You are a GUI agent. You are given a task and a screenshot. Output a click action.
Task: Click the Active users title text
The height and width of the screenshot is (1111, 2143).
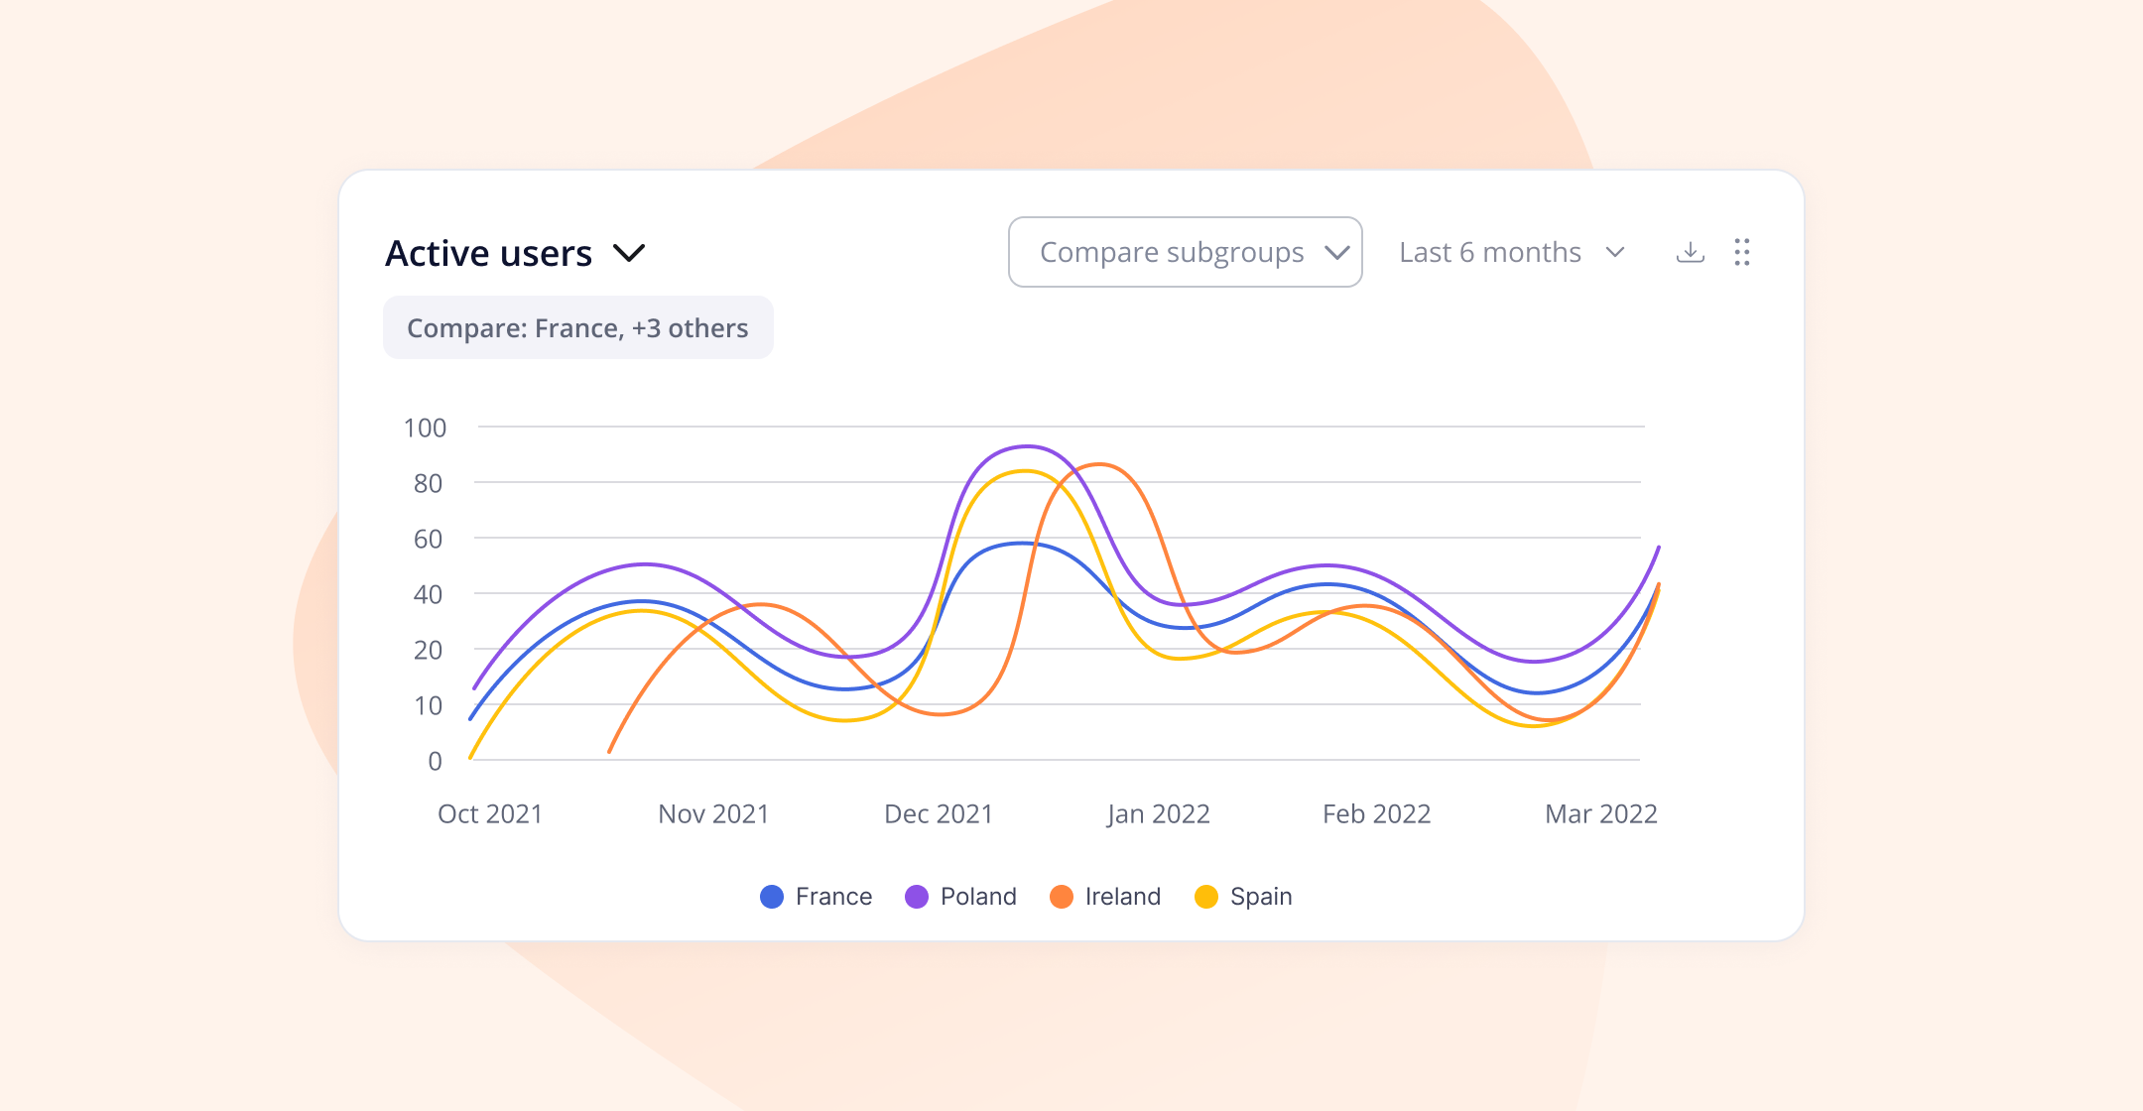pyautogui.click(x=488, y=254)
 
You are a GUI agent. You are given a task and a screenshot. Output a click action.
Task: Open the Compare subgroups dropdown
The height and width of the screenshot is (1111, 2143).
pyautogui.click(x=1185, y=252)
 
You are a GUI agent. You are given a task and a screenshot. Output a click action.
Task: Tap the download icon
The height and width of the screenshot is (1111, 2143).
pyautogui.click(x=1690, y=252)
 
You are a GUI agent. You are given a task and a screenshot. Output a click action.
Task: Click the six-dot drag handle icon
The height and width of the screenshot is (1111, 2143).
pyautogui.click(x=1742, y=252)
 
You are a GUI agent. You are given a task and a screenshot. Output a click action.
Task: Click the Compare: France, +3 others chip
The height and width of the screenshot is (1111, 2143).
pyautogui.click(x=577, y=328)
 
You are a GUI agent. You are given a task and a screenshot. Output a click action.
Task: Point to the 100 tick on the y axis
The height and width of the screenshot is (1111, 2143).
pyautogui.click(x=425, y=428)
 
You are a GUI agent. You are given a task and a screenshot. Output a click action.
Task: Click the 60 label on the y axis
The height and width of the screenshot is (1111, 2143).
pyautogui.click(x=428, y=539)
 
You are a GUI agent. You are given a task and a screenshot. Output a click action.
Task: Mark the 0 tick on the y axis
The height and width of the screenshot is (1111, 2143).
pyautogui.click(x=435, y=761)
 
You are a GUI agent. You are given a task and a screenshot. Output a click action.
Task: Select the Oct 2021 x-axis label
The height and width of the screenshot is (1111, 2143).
pyautogui.click(x=490, y=814)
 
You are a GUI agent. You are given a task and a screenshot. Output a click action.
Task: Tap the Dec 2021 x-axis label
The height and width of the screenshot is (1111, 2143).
pyautogui.click(x=939, y=814)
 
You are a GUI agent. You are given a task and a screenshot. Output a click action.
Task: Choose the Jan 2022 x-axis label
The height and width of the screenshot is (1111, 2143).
pyautogui.click(x=1158, y=814)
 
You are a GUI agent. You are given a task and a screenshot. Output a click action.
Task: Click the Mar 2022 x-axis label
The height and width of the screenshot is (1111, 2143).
pyautogui.click(x=1600, y=814)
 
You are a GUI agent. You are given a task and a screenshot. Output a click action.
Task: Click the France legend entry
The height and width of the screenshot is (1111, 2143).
pyautogui.click(x=816, y=897)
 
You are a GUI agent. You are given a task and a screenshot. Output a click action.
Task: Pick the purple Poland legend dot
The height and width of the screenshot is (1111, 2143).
pyautogui.click(x=917, y=897)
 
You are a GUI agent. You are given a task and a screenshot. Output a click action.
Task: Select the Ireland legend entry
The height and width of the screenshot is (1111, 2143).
pyautogui.click(x=1105, y=897)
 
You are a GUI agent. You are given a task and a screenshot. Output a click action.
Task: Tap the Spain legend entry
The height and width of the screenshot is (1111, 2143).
pyautogui.click(x=1244, y=897)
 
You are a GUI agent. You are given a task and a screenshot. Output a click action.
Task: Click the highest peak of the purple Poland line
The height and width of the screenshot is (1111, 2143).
pyautogui.click(x=1027, y=446)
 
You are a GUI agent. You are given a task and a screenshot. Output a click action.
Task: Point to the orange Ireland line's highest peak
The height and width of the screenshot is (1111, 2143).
pyautogui.click(x=1098, y=464)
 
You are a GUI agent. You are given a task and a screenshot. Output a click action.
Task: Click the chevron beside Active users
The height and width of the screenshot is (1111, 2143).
pyautogui.click(x=629, y=253)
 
